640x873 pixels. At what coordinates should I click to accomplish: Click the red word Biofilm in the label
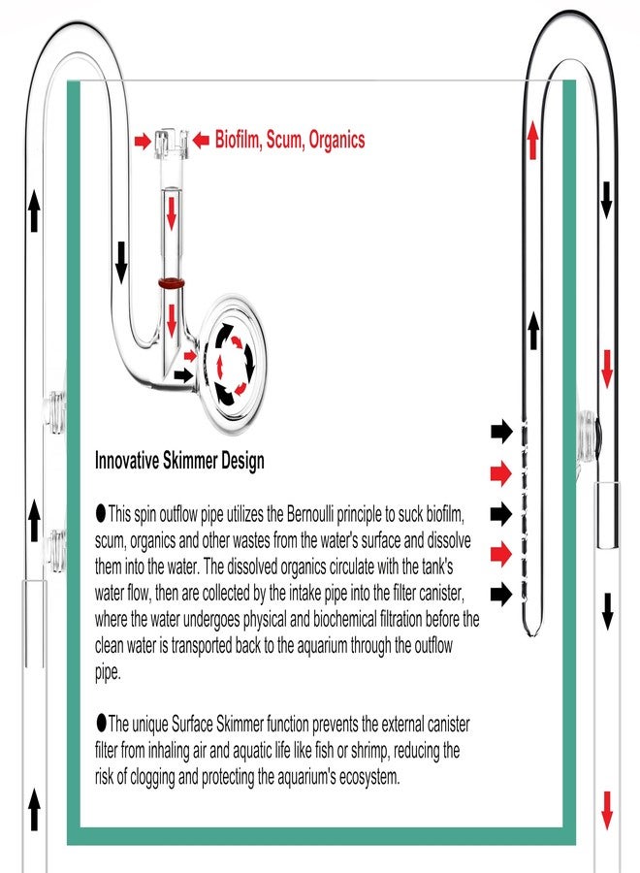238,139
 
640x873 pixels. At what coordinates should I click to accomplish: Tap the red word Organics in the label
336,140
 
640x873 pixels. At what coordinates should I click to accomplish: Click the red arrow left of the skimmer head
143,141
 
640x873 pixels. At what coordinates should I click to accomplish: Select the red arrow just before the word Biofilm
201,141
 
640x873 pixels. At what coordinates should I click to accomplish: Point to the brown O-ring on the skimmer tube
172,283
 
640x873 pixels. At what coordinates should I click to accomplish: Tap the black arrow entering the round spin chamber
183,375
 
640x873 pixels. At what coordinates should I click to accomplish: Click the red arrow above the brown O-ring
172,212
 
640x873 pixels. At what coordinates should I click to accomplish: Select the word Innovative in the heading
127,461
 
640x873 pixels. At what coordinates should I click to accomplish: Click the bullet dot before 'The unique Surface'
101,723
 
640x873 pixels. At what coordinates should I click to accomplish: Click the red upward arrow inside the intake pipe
533,141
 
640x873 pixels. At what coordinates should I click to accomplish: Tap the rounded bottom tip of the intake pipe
532,630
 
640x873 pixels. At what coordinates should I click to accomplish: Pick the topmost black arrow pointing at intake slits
501,432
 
